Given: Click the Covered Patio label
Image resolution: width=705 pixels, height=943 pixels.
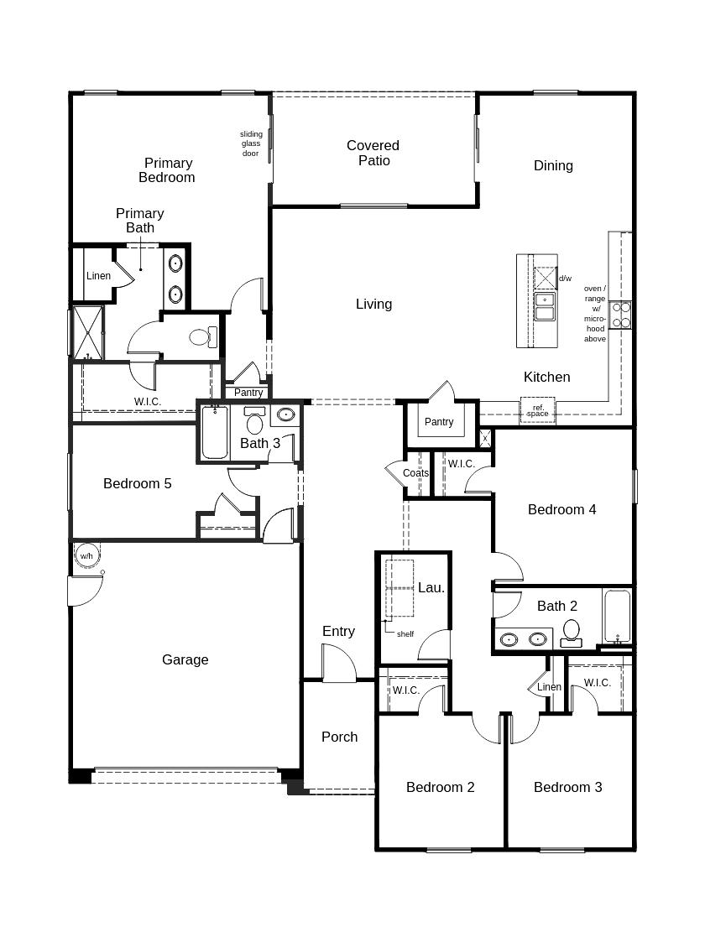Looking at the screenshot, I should [373, 154].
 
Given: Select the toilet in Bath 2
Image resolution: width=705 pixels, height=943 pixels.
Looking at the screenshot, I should [572, 631].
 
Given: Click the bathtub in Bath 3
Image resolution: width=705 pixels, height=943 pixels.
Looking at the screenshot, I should [215, 433].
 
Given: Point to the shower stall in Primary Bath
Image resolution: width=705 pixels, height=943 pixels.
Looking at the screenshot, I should [87, 332].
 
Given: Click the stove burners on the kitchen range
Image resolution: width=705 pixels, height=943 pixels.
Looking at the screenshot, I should [621, 315].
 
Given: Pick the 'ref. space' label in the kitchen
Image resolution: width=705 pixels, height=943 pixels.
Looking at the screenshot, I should [538, 410].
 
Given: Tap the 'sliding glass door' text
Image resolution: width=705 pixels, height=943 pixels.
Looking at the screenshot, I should [251, 143].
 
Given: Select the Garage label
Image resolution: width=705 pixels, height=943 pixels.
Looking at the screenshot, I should [185, 660].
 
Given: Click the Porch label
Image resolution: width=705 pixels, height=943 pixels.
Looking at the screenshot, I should [339, 737].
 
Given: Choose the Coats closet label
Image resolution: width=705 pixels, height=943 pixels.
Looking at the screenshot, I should [415, 473].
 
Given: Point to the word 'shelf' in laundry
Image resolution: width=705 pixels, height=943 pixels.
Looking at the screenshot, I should [405, 634].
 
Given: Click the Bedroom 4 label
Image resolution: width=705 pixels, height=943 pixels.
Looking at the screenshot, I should [561, 509].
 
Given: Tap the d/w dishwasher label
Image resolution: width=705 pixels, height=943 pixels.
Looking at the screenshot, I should [565, 279].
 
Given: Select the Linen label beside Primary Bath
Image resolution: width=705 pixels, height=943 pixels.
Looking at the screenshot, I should [98, 276].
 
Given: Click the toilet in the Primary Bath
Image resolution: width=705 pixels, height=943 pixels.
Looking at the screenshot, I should [201, 337].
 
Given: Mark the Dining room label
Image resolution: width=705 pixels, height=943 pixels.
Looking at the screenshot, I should [553, 165].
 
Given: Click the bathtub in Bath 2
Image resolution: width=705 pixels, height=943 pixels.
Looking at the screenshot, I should [617, 617].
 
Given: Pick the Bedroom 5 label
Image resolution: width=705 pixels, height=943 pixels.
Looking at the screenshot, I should [138, 483].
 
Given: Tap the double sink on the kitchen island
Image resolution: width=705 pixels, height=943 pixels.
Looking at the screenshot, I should [545, 306].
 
